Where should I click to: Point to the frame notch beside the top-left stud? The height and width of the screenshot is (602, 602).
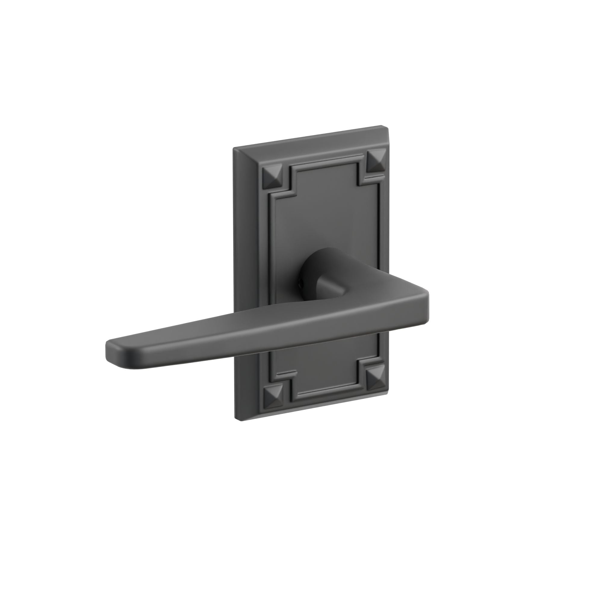point(291,184)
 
